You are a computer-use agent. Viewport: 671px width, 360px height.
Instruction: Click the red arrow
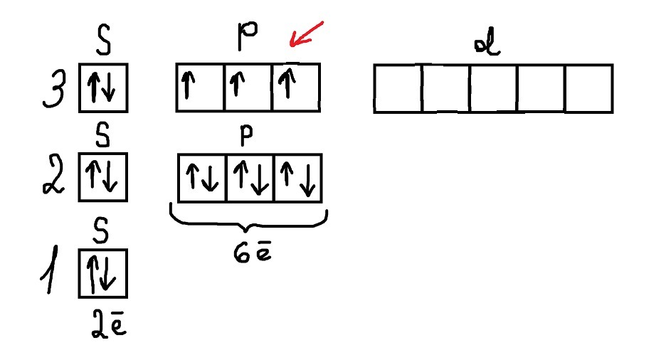306,36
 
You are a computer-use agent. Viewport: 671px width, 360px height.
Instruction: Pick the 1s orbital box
103,273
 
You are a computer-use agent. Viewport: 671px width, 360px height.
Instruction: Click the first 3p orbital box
200,88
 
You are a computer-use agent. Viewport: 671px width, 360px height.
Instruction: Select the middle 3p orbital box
248,88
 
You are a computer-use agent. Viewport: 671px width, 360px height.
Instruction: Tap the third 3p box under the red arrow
296,88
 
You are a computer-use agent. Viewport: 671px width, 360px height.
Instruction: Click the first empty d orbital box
398,89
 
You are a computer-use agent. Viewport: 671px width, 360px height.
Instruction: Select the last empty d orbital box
588,89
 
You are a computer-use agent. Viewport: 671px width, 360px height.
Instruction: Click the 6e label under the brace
250,253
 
